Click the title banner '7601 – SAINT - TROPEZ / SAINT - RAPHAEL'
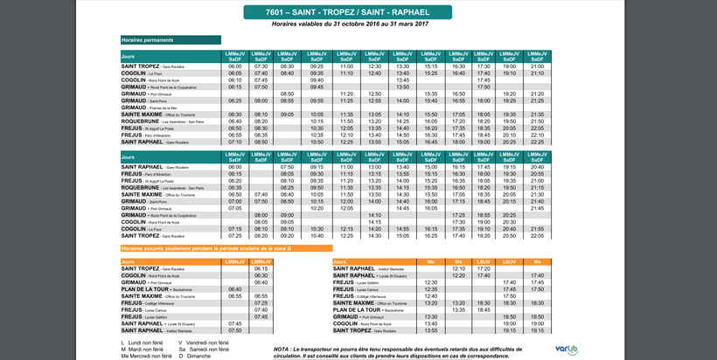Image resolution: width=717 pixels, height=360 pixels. click(358, 13)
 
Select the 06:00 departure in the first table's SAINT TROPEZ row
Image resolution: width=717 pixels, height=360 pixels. click(234, 66)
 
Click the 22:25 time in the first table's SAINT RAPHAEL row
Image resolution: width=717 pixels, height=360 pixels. click(538, 142)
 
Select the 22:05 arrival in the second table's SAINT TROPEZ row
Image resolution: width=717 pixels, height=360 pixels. click(538, 236)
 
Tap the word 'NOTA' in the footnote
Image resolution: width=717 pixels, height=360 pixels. click(282, 349)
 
